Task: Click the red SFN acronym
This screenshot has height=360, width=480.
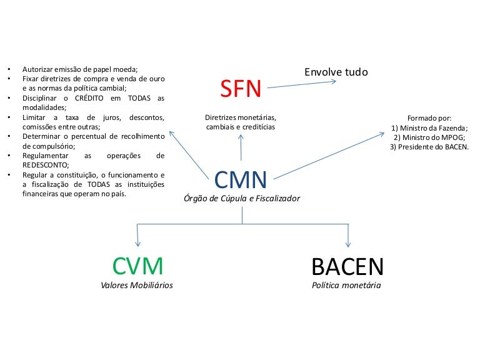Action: click(241, 89)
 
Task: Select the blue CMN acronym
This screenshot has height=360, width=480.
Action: click(241, 180)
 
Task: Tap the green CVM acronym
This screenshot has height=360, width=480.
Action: click(137, 266)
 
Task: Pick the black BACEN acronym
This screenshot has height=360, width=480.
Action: click(347, 267)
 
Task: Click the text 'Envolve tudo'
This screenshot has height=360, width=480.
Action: click(336, 72)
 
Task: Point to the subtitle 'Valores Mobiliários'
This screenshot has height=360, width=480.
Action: click(137, 286)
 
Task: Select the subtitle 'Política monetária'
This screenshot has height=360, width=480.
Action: click(346, 286)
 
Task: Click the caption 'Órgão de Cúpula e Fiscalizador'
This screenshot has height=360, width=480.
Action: click(241, 199)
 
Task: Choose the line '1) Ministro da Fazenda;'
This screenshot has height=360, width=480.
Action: click(429, 127)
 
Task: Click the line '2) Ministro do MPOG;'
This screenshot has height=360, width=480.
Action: click(429, 137)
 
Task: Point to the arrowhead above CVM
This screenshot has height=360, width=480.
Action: click(137, 244)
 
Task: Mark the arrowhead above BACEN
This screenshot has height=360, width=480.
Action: click(347, 244)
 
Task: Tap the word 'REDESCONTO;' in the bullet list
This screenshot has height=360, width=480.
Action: click(46, 165)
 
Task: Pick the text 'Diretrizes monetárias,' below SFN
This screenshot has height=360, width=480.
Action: click(241, 117)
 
